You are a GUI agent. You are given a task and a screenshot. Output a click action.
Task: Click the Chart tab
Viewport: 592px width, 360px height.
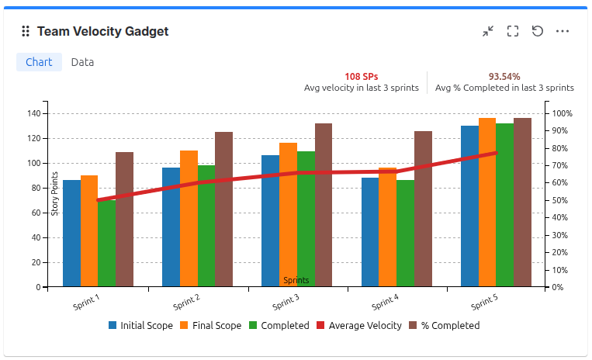pos(39,62)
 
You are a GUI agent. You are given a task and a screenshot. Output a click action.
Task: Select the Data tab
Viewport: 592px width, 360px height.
pos(82,62)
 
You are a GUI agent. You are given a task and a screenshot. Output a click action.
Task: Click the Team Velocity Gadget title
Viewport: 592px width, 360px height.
pos(102,32)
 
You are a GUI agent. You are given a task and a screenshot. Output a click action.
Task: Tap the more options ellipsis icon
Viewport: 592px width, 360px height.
pos(563,32)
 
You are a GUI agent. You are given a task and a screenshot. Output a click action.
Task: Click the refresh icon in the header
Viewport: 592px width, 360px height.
pos(538,32)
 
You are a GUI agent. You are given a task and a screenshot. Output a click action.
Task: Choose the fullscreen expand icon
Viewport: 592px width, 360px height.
pos(512,32)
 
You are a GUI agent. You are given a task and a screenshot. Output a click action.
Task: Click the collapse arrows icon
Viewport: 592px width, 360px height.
pos(487,32)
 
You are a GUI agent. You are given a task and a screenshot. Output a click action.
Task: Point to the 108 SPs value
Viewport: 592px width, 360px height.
pos(361,77)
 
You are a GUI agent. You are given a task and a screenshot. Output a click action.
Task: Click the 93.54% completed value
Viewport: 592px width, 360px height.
pos(504,77)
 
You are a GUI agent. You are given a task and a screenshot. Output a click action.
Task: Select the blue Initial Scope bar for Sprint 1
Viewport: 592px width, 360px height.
pos(71,233)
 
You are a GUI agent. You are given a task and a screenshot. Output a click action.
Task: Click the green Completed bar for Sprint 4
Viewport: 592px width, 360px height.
pos(405,233)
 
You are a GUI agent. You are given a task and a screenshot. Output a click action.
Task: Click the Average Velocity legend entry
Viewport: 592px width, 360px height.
pos(358,326)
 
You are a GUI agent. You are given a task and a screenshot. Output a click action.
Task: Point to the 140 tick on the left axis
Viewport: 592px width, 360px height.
pos(33,113)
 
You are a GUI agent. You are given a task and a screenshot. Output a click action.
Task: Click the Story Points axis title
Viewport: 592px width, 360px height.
pos(55,194)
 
